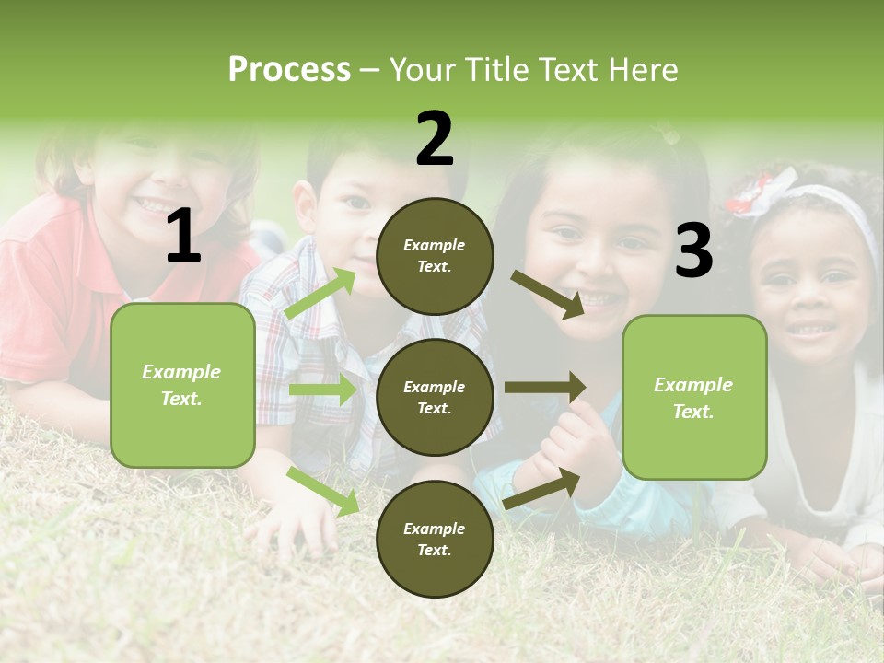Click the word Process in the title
click(x=289, y=69)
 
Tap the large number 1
click(x=183, y=237)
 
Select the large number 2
click(x=435, y=139)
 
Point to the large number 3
click(x=693, y=250)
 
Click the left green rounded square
click(x=182, y=385)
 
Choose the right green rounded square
click(x=694, y=397)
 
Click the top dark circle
click(x=435, y=256)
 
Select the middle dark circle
click(x=435, y=397)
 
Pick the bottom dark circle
click(x=435, y=539)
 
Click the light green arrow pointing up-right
click(x=320, y=294)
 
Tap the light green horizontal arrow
click(x=323, y=390)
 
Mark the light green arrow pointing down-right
click(x=323, y=490)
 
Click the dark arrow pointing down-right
click(x=548, y=294)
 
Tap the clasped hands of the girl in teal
click(x=571, y=442)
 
